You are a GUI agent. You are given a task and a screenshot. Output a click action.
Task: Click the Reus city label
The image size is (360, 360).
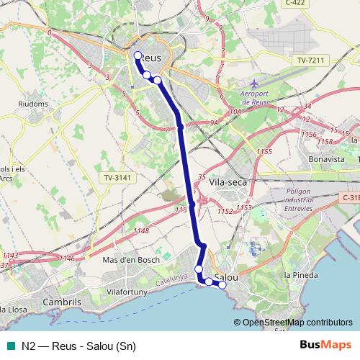[149, 57]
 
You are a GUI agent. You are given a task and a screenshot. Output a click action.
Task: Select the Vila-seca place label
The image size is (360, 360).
[229, 182]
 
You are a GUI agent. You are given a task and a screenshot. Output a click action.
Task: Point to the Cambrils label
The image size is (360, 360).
[63, 302]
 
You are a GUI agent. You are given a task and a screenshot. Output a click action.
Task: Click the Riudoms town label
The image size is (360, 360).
[33, 104]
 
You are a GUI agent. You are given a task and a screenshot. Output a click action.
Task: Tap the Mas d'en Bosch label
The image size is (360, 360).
[131, 259]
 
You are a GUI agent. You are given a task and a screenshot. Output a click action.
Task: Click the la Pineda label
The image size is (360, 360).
[297, 275]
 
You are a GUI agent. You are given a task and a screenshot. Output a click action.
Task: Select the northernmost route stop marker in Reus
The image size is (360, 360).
[138, 55]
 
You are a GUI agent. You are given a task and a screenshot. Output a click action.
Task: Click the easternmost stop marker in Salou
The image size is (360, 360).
[222, 285]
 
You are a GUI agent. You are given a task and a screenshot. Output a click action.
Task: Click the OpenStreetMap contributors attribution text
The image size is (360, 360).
[297, 322]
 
